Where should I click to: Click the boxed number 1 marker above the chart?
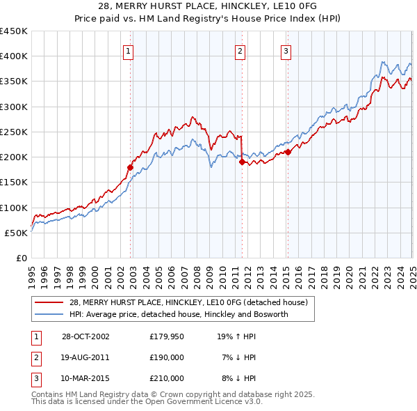tap(130, 50)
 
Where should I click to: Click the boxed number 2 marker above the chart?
tap(240, 50)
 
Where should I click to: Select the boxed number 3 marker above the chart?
tap(286, 50)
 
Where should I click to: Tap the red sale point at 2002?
tap(130, 167)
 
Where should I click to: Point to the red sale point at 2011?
tap(242, 162)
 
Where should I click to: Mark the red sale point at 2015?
tap(288, 152)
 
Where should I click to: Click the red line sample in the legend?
tap(49, 302)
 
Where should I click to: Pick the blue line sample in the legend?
tap(49, 314)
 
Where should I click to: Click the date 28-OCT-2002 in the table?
tap(85, 336)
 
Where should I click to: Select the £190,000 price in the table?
tap(167, 357)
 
